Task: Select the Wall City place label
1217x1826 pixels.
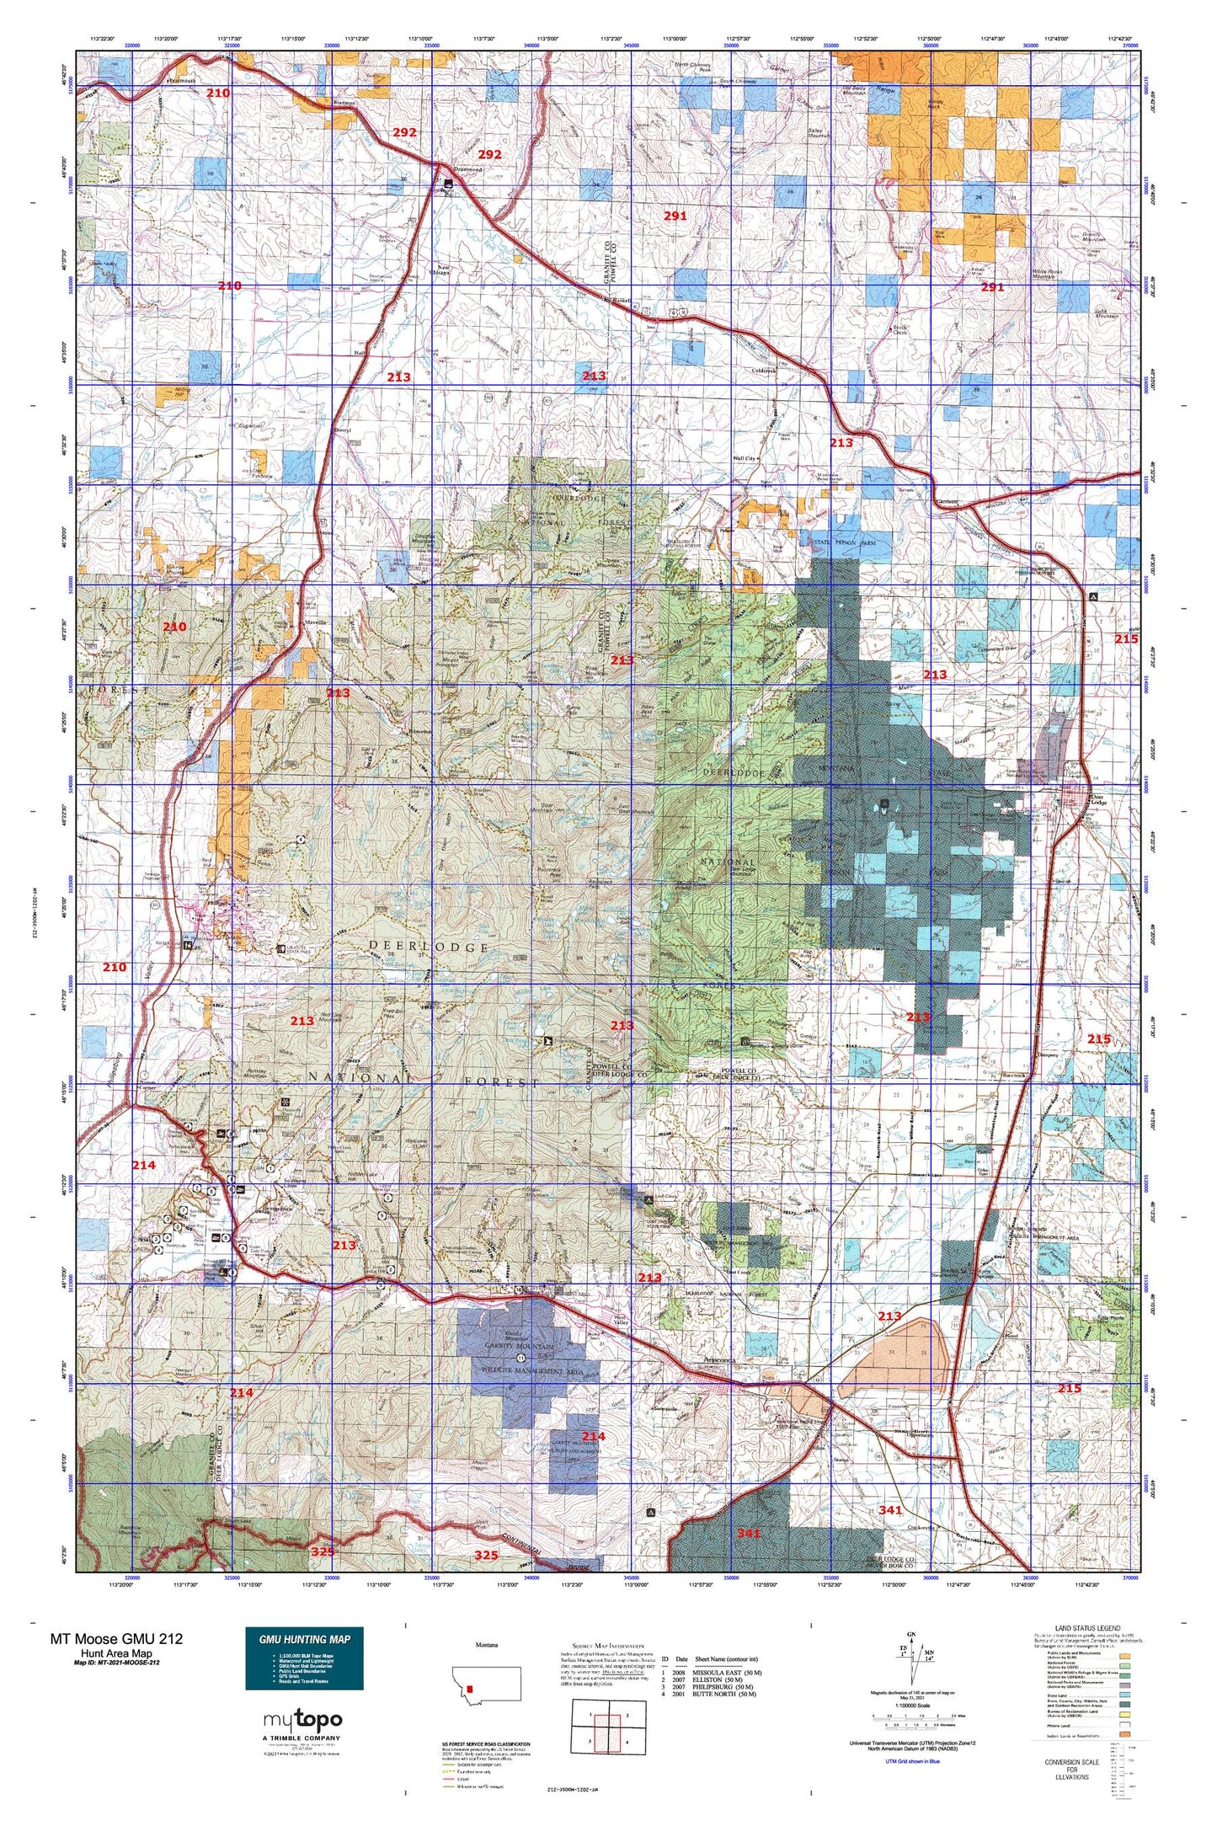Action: coord(745,458)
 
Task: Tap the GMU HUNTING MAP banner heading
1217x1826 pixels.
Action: coord(304,1639)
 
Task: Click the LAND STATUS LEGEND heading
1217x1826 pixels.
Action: coord(1086,1629)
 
